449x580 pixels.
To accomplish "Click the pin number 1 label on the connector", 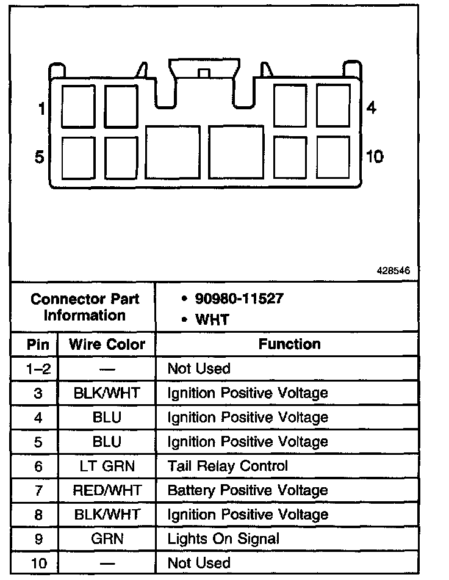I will click(x=41, y=110).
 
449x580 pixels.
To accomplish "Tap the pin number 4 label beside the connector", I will click(x=371, y=109).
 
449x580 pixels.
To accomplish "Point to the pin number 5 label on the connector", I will click(x=40, y=158).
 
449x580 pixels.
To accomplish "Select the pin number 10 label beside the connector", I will click(x=374, y=157).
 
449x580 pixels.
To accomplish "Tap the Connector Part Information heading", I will click(x=85, y=307).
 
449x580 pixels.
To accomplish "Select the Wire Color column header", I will click(x=107, y=344).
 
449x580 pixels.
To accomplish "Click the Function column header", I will click(x=289, y=344).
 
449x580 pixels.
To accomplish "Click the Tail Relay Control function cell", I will click(x=227, y=466).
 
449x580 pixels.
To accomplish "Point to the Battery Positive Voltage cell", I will click(x=247, y=490).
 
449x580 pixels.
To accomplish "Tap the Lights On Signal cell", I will click(x=223, y=538).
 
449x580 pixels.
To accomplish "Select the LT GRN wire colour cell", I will click(x=107, y=466).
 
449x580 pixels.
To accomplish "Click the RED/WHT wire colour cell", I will click(x=107, y=490).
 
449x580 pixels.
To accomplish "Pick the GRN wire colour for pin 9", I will click(x=107, y=538).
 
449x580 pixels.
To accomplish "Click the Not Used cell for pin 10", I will click(x=199, y=563).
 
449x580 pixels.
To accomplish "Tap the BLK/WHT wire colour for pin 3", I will click(x=107, y=393).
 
